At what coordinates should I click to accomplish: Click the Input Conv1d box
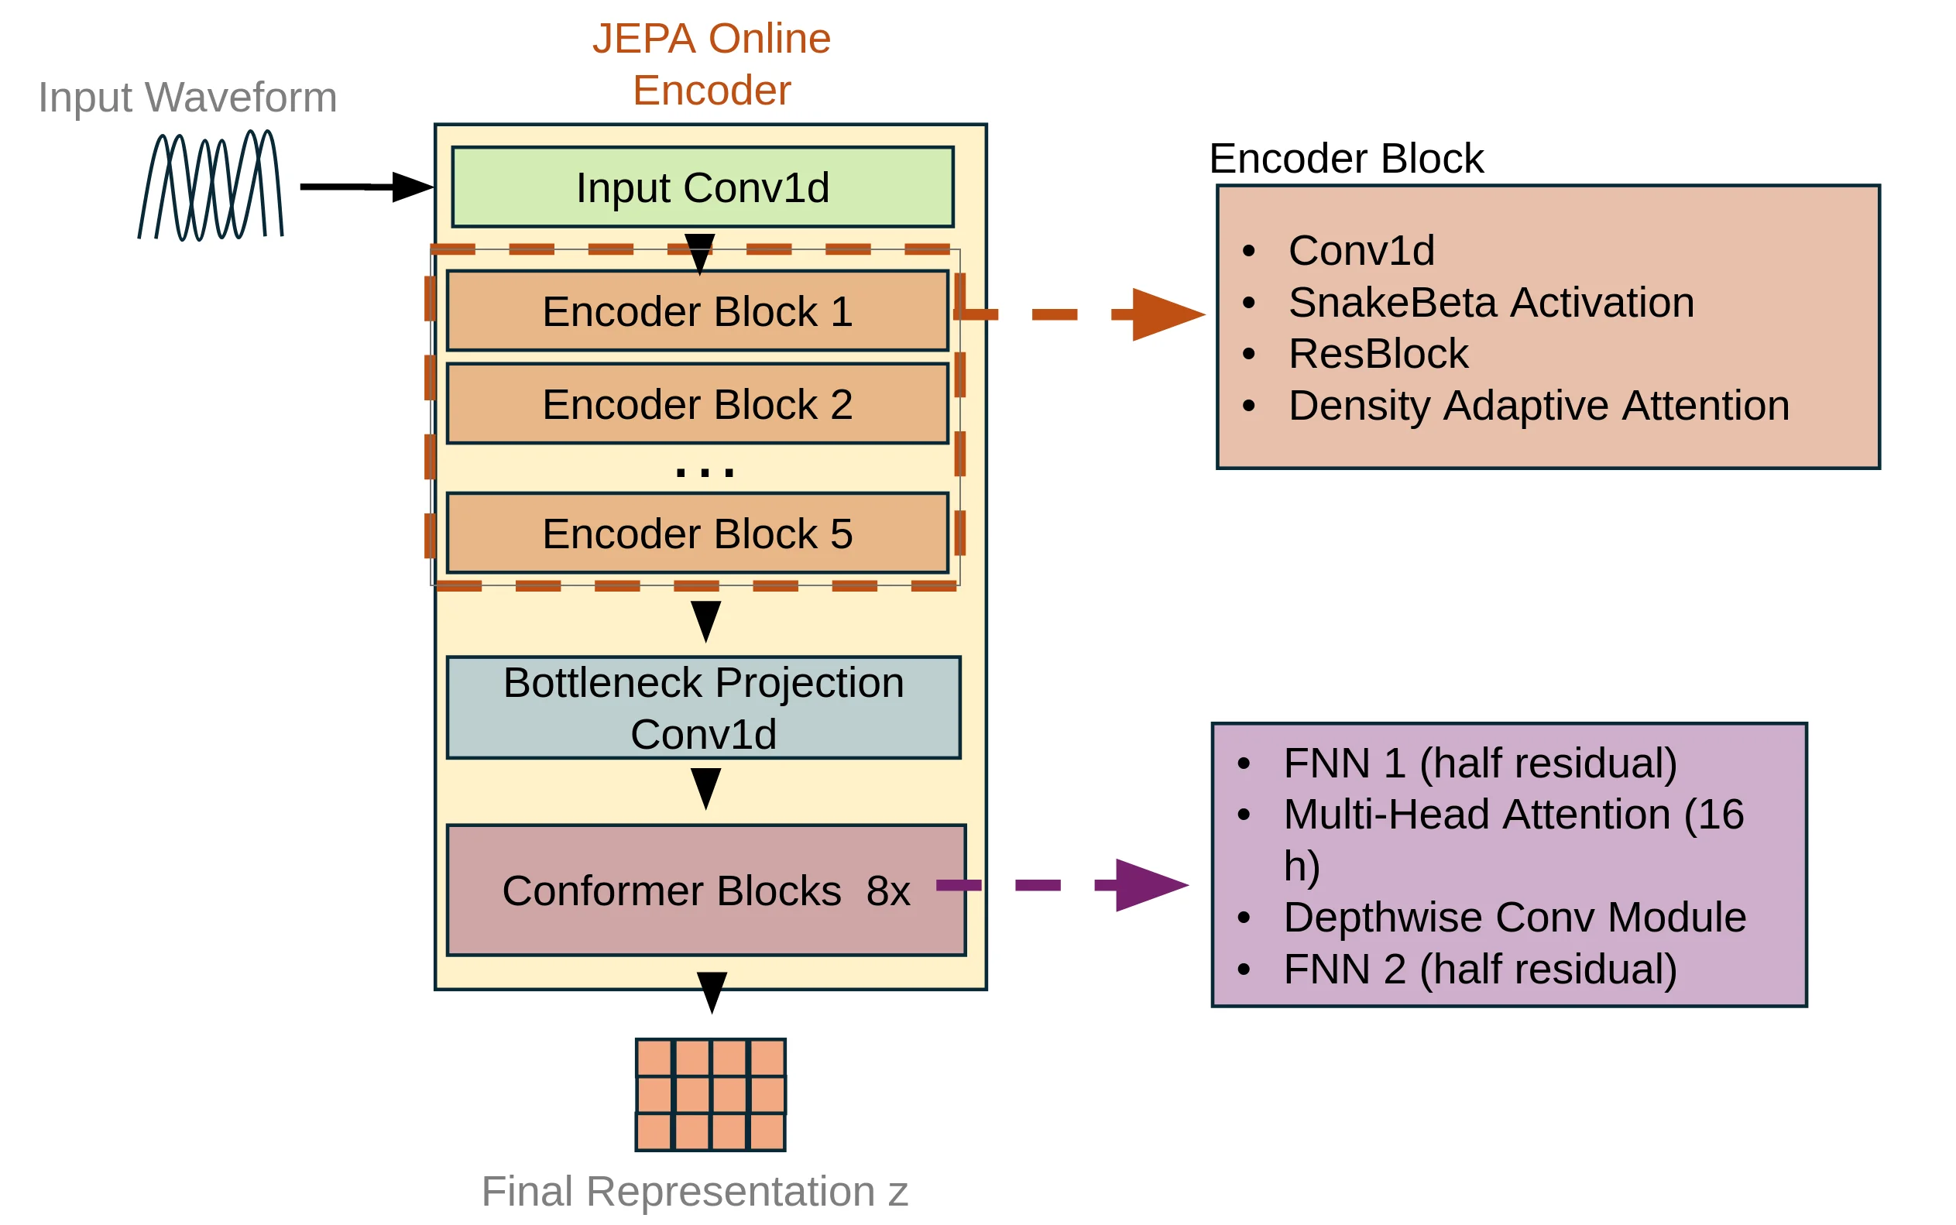702,187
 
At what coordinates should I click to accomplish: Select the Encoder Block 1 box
698,311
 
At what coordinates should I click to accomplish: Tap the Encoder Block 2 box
698,403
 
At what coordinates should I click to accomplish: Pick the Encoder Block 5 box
698,533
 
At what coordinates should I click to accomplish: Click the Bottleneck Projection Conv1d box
703,707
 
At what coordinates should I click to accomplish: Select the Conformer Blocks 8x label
705,890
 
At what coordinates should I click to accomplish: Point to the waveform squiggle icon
211,186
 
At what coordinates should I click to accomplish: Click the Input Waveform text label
187,98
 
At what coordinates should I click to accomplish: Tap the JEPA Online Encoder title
711,64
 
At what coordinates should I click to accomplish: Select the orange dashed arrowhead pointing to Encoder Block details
1166,314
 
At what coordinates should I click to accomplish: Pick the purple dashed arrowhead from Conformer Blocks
1150,885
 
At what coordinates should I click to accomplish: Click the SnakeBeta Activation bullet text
1491,302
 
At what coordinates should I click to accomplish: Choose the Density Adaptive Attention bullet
1538,405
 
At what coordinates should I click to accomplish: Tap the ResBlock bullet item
1378,353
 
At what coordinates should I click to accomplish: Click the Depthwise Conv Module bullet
1514,917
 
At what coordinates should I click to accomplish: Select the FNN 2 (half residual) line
1479,969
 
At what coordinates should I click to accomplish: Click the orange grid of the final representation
710,1095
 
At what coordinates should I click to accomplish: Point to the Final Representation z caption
694,1191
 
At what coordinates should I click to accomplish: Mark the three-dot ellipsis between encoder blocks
705,472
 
